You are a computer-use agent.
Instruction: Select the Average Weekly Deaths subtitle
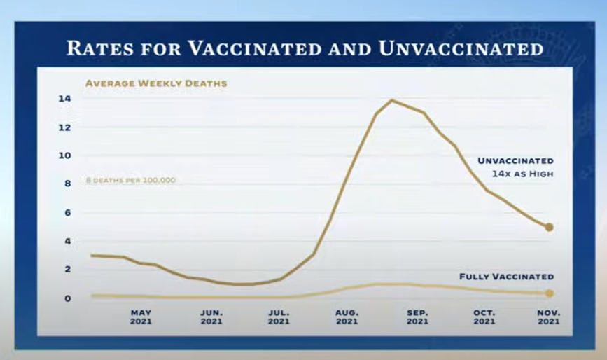coord(155,83)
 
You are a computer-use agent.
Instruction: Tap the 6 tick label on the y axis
coord(67,213)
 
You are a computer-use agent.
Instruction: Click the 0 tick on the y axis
coord(67,298)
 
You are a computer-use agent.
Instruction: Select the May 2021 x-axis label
coord(141,317)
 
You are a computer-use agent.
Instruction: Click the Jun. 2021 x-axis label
coord(211,317)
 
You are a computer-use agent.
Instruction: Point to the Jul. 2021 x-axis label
coord(279,317)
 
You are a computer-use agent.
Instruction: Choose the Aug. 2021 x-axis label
coord(347,317)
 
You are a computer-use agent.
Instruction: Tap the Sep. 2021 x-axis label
coord(417,317)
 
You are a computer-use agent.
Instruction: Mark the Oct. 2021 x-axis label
coord(484,317)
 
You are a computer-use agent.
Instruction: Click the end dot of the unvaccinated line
coord(550,228)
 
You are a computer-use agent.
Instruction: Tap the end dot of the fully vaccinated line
coord(550,293)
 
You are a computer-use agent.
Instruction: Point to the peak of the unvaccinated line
coord(391,100)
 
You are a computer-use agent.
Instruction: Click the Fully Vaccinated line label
coord(506,277)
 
